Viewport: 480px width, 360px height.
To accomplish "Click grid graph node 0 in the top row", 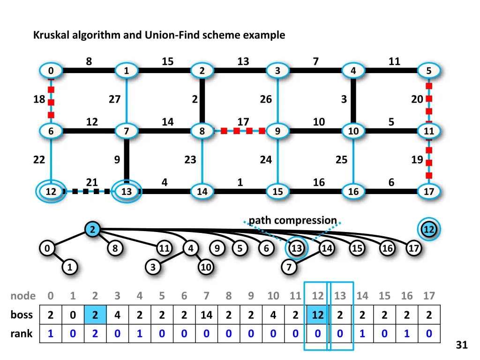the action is click(x=50, y=71).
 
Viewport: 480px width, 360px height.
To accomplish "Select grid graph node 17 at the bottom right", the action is click(x=428, y=192).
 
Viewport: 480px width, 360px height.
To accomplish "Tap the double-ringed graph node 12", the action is click(x=50, y=192).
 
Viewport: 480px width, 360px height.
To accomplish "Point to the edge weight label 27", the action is click(x=114, y=99).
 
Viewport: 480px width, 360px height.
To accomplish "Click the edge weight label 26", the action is click(x=266, y=99).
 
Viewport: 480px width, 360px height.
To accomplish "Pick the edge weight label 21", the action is click(x=92, y=182).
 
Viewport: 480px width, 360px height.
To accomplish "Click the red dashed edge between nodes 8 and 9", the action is click(x=240, y=131).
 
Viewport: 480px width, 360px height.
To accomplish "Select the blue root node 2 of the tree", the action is click(x=93, y=230).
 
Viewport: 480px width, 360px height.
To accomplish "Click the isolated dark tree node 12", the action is click(x=428, y=230).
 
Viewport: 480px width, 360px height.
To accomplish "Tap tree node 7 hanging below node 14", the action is click(x=290, y=268).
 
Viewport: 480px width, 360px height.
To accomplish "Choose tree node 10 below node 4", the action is click(x=205, y=268).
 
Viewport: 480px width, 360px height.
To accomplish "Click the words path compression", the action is click(x=292, y=220).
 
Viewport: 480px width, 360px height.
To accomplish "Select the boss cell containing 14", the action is click(x=206, y=315).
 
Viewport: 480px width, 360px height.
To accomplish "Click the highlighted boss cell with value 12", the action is click(x=318, y=315).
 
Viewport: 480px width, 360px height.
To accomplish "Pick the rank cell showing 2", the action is click(x=95, y=334).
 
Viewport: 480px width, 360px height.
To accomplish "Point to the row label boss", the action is click(x=22, y=315).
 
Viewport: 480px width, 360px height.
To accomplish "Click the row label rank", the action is click(x=22, y=334).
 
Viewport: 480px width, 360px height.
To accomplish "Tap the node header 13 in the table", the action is click(x=340, y=296).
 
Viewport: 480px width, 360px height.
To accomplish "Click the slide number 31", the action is click(x=462, y=345).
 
